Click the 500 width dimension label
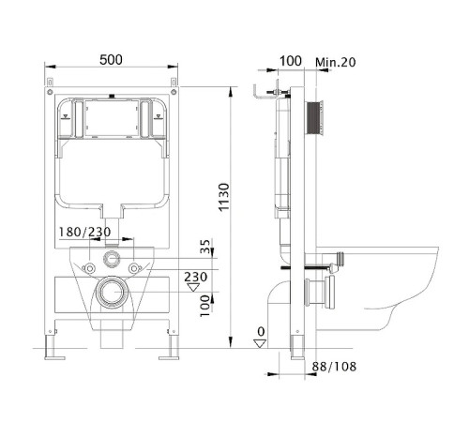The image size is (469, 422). (x=111, y=60)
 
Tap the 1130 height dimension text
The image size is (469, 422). (x=224, y=197)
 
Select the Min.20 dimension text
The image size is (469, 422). (x=336, y=62)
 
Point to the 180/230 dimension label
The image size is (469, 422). (x=84, y=232)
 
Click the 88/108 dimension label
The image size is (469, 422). (x=334, y=367)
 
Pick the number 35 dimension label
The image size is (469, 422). (x=205, y=247)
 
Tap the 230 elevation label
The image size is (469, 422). (x=195, y=277)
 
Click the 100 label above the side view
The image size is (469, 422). (x=291, y=61)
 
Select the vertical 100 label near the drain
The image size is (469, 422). (x=205, y=306)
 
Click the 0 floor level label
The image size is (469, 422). (x=261, y=332)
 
